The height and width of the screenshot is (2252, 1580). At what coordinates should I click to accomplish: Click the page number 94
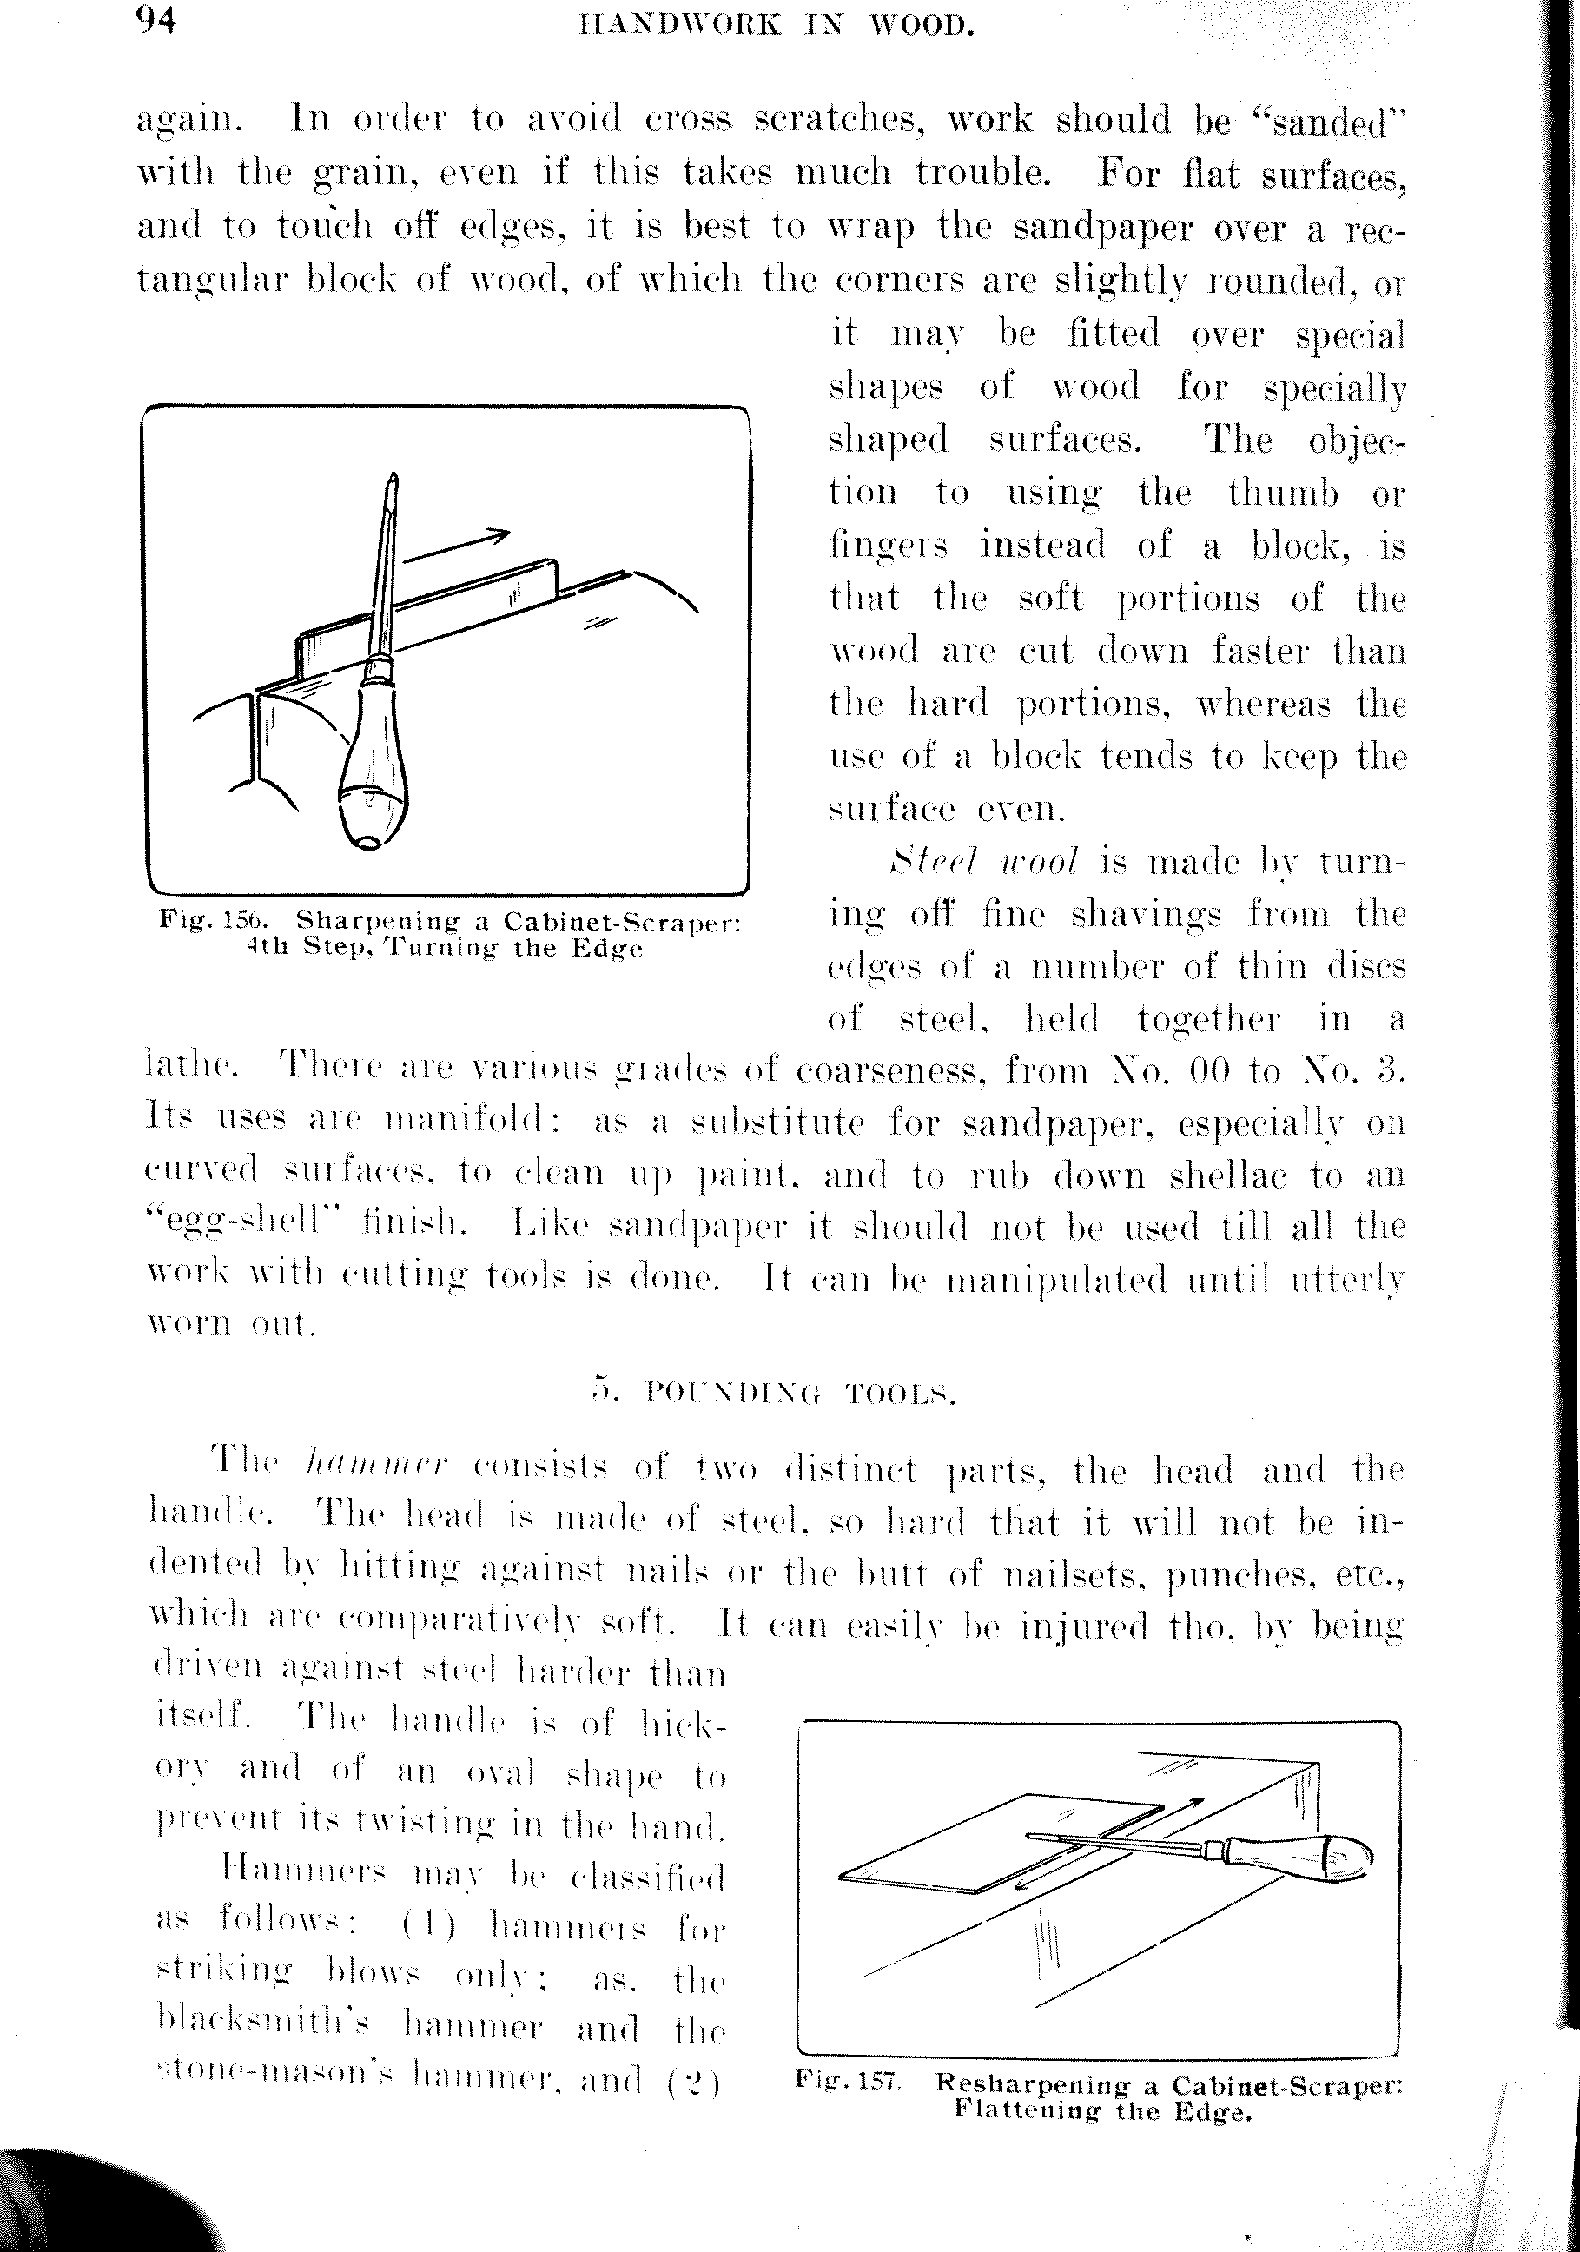156,21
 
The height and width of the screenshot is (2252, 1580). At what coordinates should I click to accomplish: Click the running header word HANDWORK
679,23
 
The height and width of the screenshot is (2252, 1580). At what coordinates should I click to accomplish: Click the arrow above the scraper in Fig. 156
458,545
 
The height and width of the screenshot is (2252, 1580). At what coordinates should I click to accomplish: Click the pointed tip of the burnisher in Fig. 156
393,480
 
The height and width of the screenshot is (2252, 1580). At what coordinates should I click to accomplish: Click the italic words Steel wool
982,862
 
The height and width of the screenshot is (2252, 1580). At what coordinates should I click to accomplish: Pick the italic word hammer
377,1467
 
